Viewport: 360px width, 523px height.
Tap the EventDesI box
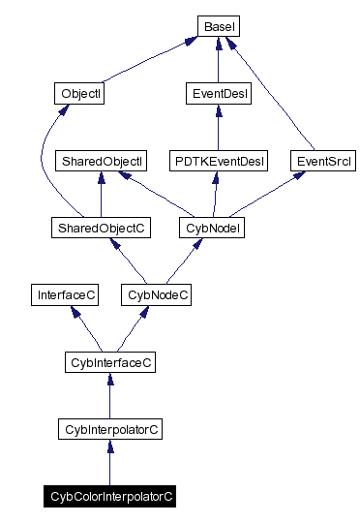pos(217,94)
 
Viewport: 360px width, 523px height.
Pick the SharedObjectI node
pos(101,160)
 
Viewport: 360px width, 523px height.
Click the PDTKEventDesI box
pos(217,160)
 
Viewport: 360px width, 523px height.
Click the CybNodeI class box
pos(212,228)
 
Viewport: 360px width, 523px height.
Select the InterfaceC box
pos(64,293)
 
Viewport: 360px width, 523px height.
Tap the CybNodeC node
pos(156,293)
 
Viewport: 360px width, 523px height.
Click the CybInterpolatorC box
pos(109,427)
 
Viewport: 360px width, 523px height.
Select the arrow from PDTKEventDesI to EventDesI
pos(217,128)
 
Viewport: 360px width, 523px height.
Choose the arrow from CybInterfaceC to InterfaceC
pos(87,329)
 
